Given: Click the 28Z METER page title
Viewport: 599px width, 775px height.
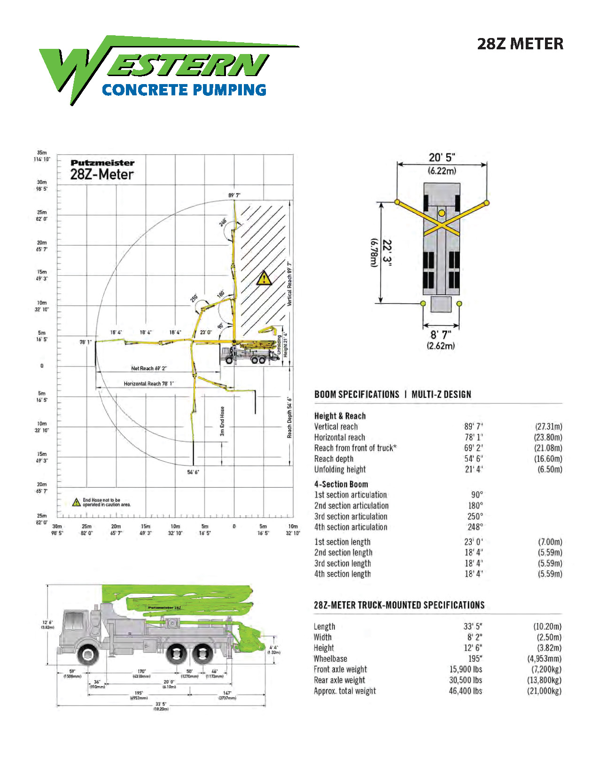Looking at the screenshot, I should (520, 44).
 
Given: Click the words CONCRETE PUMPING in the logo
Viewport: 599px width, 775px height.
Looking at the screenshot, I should (184, 90).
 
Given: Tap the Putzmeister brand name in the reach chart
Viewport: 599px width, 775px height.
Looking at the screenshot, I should (102, 163).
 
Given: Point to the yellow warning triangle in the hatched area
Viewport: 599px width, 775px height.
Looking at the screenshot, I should (264, 278).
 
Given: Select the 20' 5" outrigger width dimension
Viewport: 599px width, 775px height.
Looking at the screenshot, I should (442, 157).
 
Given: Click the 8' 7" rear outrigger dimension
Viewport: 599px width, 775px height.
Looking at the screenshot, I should (441, 334).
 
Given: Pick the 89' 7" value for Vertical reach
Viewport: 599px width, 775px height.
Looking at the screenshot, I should (473, 426).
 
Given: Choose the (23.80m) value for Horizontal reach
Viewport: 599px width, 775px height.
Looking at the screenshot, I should (548, 437).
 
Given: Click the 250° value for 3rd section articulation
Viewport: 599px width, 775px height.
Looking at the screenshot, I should (475, 516).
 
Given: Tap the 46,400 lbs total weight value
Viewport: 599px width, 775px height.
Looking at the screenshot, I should (465, 691).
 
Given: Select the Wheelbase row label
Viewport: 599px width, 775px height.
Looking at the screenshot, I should (330, 659).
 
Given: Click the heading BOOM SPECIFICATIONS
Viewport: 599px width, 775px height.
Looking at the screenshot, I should (357, 395).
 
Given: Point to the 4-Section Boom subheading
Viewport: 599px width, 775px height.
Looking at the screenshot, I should (341, 484).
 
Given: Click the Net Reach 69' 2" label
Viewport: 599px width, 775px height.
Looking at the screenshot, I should (148, 368).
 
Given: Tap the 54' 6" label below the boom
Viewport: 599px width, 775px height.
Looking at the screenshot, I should (193, 472).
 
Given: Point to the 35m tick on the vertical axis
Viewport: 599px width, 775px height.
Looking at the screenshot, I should (42, 153).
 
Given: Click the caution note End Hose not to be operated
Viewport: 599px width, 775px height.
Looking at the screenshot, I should (106, 503).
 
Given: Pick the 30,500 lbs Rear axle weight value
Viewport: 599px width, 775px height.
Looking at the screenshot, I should (465, 680).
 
